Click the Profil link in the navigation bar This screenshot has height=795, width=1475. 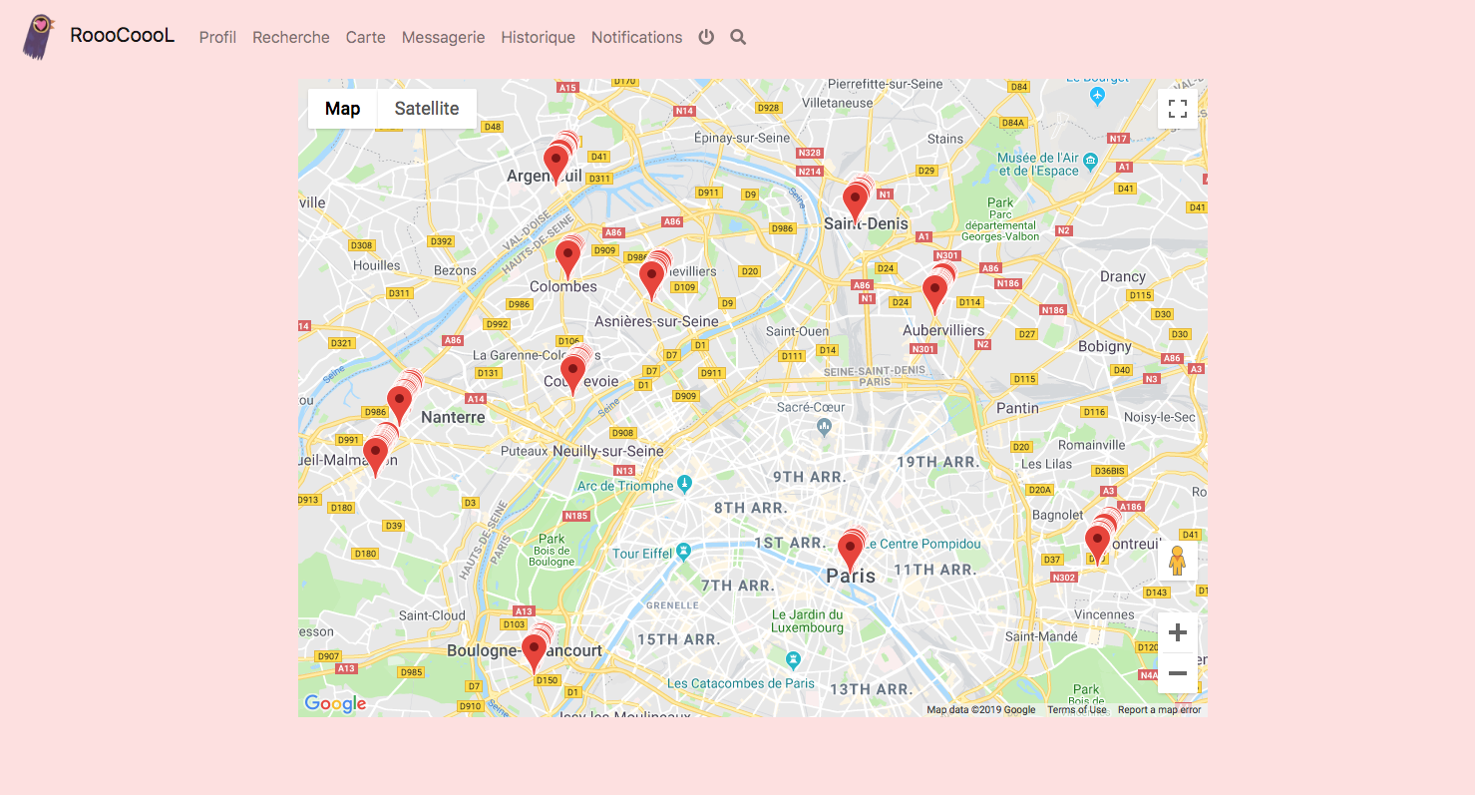tap(217, 37)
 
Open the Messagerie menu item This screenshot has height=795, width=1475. tap(443, 37)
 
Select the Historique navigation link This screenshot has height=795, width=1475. tap(538, 37)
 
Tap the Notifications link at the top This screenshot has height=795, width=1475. tap(636, 37)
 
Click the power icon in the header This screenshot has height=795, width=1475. tap(706, 37)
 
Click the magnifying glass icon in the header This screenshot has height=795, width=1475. tap(738, 37)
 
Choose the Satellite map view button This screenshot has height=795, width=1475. tap(427, 109)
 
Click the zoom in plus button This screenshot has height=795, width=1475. tap(1177, 632)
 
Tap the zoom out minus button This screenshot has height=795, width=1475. tap(1177, 673)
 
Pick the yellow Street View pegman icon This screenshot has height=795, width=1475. tap(1177, 561)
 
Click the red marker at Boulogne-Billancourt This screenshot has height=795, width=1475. tap(535, 651)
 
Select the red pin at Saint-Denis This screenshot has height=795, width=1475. tap(855, 201)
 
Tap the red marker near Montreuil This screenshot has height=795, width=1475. tap(1097, 544)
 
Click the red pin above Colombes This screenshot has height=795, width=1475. tap(567, 257)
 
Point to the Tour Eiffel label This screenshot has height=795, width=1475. tap(642, 553)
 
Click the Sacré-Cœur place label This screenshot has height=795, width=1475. tap(811, 407)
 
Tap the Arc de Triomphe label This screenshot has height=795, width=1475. tap(625, 486)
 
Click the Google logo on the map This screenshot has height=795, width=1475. tap(335, 703)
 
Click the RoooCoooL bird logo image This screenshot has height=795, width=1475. tap(38, 37)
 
